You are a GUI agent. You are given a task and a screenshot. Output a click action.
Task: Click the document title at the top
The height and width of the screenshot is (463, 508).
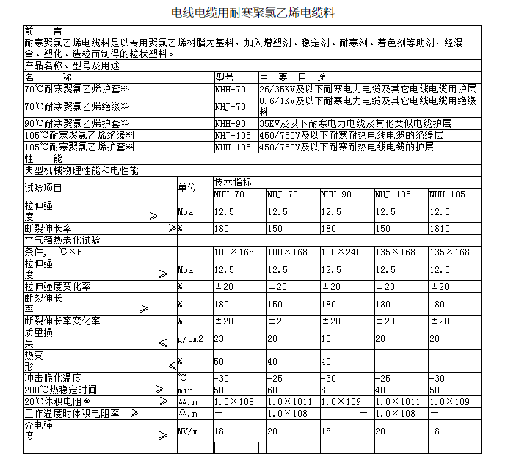(x=255, y=12)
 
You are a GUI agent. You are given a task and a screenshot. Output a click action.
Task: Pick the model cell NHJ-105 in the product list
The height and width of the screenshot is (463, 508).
(x=233, y=135)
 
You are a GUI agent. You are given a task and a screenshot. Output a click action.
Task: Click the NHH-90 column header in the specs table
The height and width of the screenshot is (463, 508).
(x=336, y=194)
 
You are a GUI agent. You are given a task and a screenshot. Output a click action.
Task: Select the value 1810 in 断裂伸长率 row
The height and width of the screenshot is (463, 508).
(x=440, y=229)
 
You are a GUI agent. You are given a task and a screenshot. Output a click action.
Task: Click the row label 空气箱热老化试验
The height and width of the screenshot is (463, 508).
(x=62, y=240)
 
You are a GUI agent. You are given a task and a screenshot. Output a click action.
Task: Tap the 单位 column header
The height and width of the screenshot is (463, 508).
(x=187, y=188)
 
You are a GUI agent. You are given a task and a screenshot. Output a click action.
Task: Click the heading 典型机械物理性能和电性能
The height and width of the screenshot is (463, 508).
(x=81, y=170)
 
